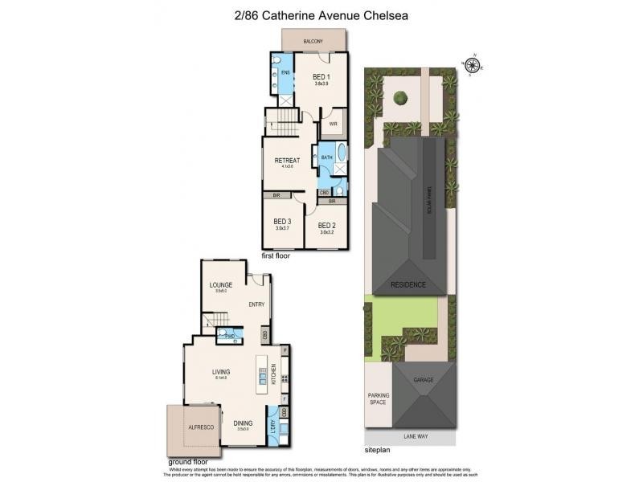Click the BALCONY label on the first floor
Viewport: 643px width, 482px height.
(314, 41)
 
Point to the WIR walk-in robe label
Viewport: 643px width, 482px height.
(333, 125)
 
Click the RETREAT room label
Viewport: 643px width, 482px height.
(287, 161)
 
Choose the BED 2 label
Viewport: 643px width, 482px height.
(326, 225)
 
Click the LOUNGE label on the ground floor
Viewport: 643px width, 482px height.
(220, 285)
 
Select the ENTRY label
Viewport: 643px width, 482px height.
(256, 304)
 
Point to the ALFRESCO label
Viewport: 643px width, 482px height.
(200, 427)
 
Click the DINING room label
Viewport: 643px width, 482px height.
(243, 423)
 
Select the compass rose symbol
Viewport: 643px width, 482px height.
(473, 66)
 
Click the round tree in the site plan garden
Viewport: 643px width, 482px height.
(401, 99)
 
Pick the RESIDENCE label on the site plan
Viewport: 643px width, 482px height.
(408, 285)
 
